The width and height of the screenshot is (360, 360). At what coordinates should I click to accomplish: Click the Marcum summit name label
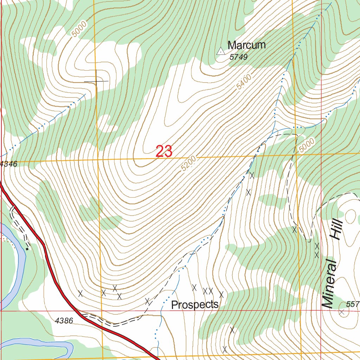[246, 45]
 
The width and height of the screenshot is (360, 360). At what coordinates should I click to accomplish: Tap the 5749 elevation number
[239, 57]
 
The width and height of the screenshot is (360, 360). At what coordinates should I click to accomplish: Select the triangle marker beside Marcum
[220, 51]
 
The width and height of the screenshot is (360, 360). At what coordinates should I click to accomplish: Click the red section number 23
[164, 151]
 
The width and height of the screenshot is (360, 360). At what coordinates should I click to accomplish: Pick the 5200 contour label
[189, 164]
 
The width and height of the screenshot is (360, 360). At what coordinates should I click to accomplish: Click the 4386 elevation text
[64, 320]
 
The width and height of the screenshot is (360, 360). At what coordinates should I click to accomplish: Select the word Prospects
[195, 305]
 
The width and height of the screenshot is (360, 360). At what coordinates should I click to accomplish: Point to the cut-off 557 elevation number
[353, 304]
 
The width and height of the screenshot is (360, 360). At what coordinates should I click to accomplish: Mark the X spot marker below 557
[341, 312]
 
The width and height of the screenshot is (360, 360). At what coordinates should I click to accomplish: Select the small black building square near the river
[27, 249]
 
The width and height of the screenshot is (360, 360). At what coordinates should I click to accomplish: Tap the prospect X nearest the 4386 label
[81, 294]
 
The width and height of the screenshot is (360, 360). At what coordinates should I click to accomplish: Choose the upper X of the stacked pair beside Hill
[317, 246]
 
